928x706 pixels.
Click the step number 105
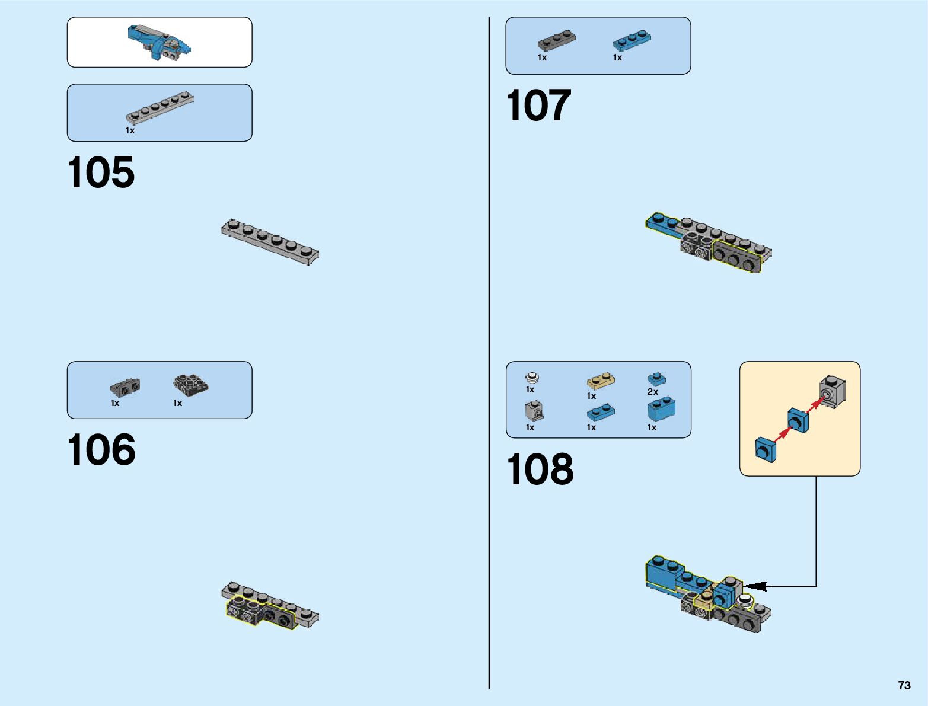click(101, 172)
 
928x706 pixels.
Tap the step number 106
click(101, 450)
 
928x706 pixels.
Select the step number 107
click(538, 106)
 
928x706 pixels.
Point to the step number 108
click(540, 469)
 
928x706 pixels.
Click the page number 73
click(904, 685)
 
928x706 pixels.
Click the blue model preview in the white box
click(159, 43)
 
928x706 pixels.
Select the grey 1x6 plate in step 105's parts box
click(160, 107)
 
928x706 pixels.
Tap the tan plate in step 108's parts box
click(601, 381)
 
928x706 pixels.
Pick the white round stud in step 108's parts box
click(532, 377)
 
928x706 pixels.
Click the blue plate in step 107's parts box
click(632, 40)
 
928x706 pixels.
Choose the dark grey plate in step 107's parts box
click(556, 40)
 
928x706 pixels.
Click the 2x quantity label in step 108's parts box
click(652, 392)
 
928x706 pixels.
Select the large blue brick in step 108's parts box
click(661, 410)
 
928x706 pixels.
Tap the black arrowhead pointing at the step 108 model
click(755, 586)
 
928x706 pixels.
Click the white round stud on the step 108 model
click(744, 602)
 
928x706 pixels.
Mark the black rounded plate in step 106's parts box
click(190, 385)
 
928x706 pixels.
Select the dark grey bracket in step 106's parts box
click(125, 388)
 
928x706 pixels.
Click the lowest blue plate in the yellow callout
click(765, 449)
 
